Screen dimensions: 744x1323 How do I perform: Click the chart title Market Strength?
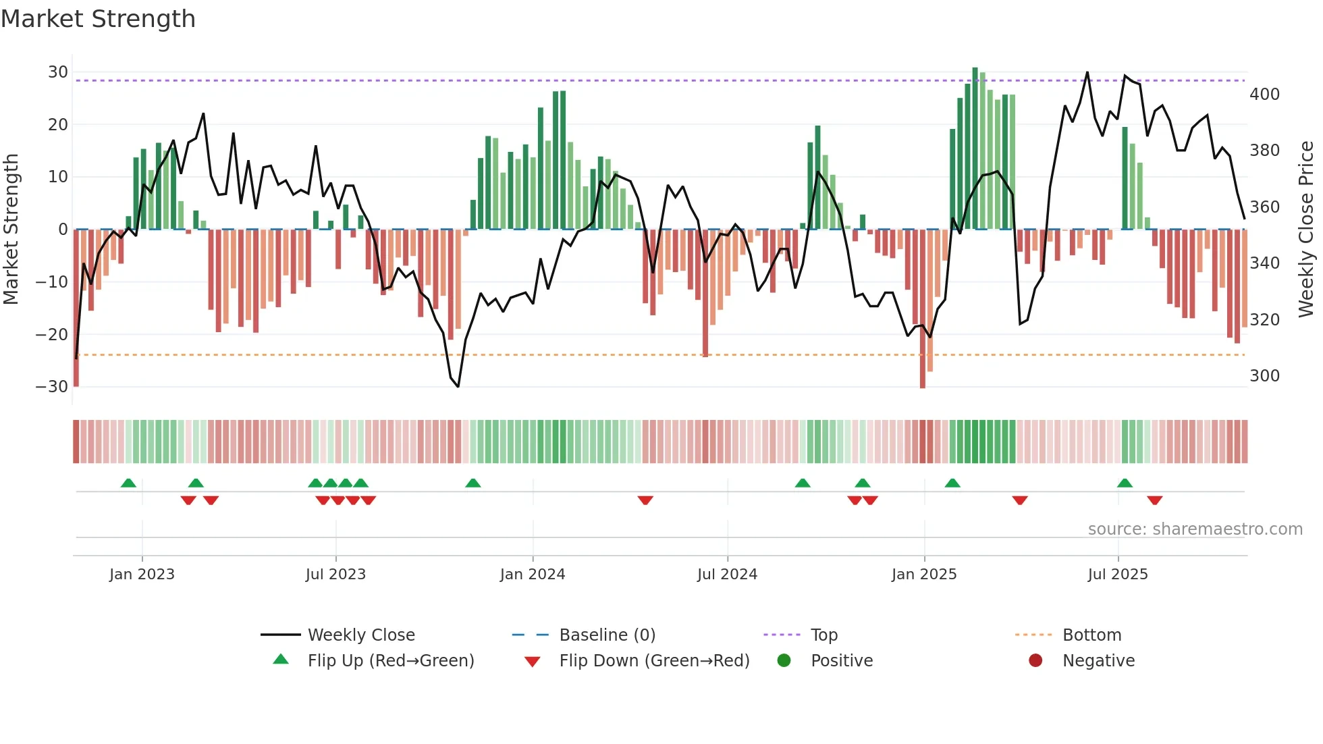[98, 19]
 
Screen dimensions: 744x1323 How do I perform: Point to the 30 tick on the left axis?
[58, 72]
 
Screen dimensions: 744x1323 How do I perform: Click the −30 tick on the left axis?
[52, 387]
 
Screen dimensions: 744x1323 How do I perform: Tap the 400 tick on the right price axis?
[1264, 95]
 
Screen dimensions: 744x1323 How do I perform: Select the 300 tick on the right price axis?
[1264, 376]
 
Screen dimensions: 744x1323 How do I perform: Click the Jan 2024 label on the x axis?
[533, 575]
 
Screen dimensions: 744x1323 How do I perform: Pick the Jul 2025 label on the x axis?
[1118, 575]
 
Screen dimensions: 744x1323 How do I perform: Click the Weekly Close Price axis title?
[1307, 230]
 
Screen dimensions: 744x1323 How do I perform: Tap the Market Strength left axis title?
[11, 230]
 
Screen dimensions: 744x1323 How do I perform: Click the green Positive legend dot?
[784, 660]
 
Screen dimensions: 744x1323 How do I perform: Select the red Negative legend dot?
[1035, 660]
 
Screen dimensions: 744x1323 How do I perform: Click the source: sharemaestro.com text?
[1195, 529]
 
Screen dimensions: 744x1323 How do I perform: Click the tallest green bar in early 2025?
[975, 149]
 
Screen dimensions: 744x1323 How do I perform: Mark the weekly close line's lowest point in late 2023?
[458, 387]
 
